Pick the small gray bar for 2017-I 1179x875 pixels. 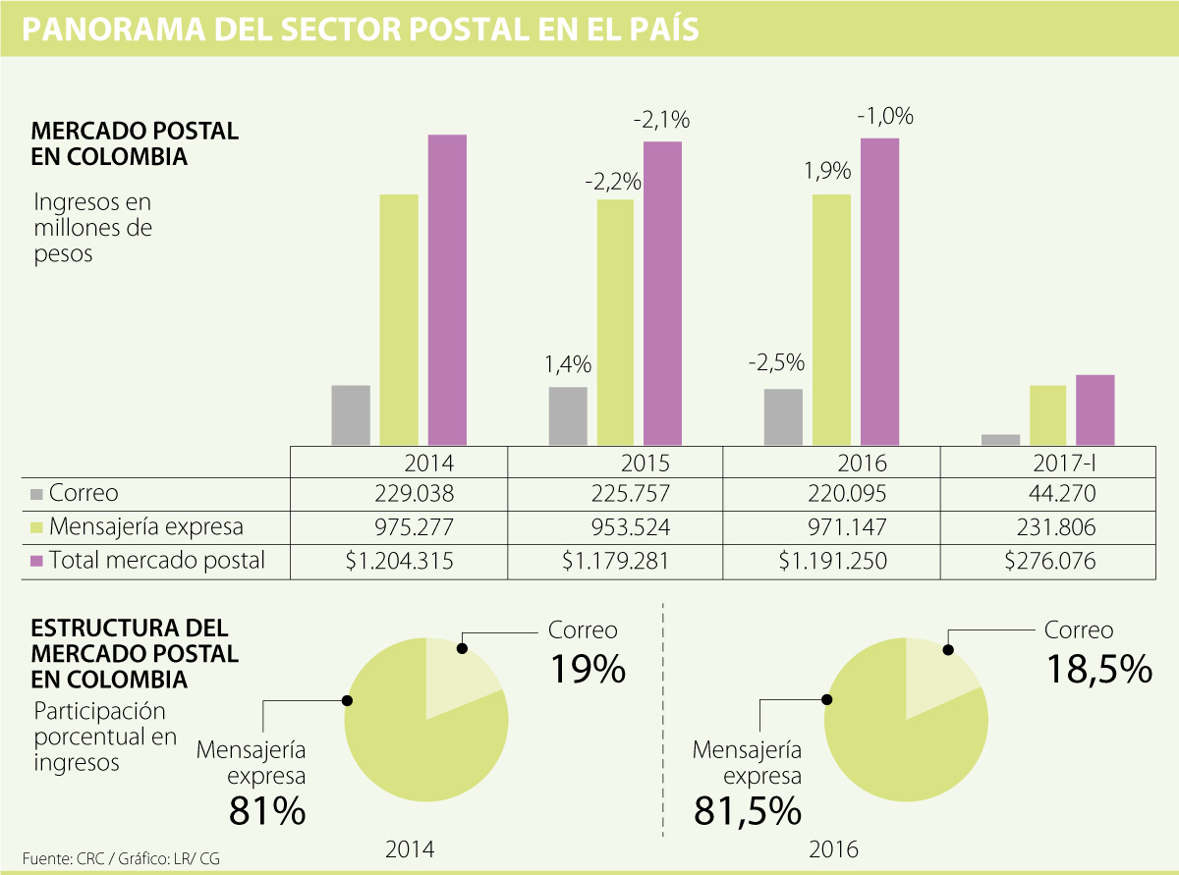click(x=1000, y=440)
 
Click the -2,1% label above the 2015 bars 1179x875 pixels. click(x=662, y=121)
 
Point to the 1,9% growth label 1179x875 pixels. click(x=827, y=172)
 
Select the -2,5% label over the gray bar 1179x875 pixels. click(x=775, y=362)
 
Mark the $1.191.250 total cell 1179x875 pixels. click(x=833, y=561)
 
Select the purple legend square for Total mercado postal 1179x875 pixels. click(x=37, y=561)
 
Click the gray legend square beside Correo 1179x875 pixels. click(x=37, y=494)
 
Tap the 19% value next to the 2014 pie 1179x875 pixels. click(x=588, y=669)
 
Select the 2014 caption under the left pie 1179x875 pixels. click(x=410, y=849)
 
